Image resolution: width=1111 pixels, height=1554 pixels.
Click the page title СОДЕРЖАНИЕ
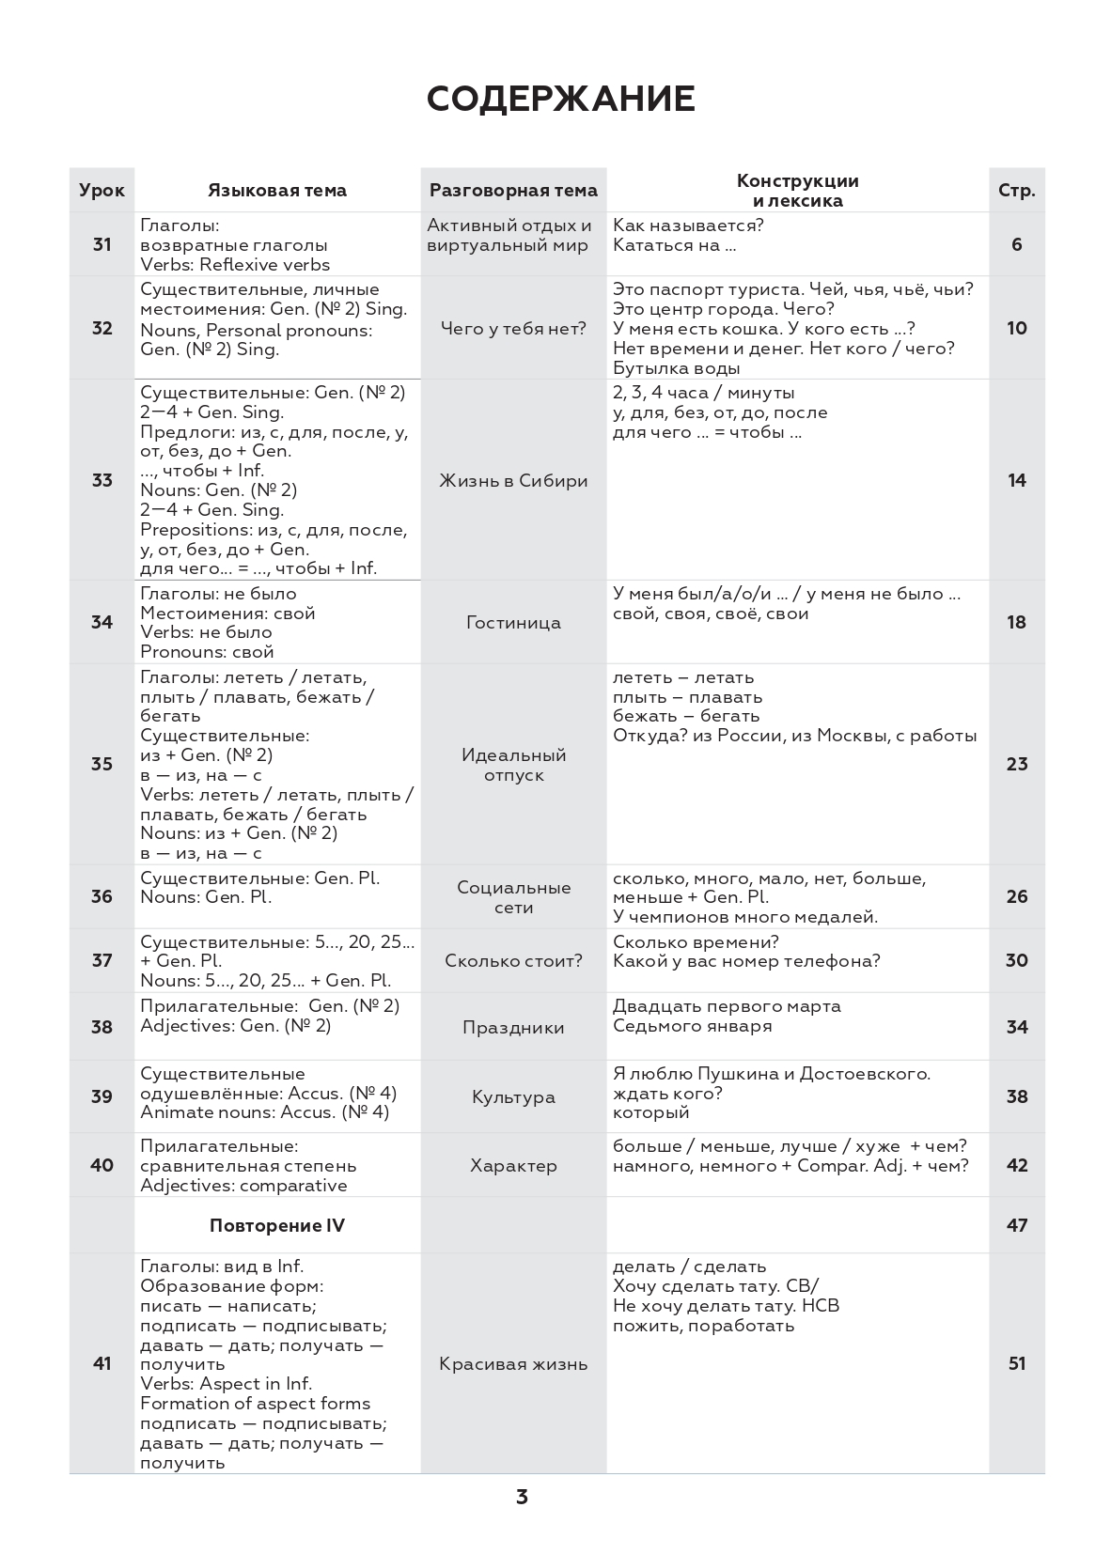pos(560,99)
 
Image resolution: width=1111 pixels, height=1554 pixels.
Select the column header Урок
pos(102,190)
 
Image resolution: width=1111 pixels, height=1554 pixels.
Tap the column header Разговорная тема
pos(513,190)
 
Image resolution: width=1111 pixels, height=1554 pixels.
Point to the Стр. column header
pos(1016,190)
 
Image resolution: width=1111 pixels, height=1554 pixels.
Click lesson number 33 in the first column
pos(102,480)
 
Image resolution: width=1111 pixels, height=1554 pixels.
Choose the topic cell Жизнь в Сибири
pos(513,480)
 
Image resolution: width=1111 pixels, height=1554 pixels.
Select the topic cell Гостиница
pos(513,622)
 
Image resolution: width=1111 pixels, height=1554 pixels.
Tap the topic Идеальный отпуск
pos(513,765)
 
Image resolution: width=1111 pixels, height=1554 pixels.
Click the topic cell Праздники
pos(513,1027)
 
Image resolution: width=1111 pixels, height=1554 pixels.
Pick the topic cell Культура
pos(513,1096)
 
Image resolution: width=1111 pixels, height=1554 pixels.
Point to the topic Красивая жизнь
pos(513,1363)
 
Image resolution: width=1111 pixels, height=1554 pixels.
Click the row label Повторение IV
pos(277,1225)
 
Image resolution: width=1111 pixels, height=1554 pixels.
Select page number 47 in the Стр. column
pos(1016,1225)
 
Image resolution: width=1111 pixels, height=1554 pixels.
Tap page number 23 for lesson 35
pos(1016,764)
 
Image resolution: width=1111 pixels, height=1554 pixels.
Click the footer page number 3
pos(522,1497)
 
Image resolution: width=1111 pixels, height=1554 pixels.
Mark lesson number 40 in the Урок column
pos(102,1165)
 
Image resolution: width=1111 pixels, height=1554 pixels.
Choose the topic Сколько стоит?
pos(513,960)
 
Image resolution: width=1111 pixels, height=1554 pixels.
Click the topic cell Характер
pos(513,1165)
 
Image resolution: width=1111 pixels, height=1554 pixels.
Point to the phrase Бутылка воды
pos(664,368)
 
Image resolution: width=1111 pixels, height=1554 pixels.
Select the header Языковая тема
pos(277,190)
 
